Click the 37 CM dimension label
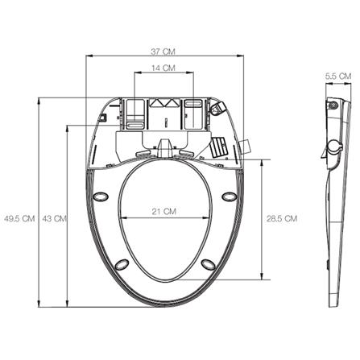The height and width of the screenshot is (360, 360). (x=163, y=52)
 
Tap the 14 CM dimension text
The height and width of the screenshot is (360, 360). (x=163, y=68)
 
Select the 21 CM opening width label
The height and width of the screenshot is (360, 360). (x=164, y=212)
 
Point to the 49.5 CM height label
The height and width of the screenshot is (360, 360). (x=19, y=218)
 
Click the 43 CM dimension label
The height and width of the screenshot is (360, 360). (x=54, y=218)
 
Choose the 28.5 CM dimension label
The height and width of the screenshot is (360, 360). (x=282, y=218)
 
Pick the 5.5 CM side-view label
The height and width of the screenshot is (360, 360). (x=338, y=77)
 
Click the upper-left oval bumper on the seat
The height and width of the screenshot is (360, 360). (x=101, y=197)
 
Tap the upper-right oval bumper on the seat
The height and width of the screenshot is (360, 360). (x=230, y=197)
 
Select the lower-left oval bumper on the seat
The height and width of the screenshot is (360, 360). (x=122, y=264)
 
